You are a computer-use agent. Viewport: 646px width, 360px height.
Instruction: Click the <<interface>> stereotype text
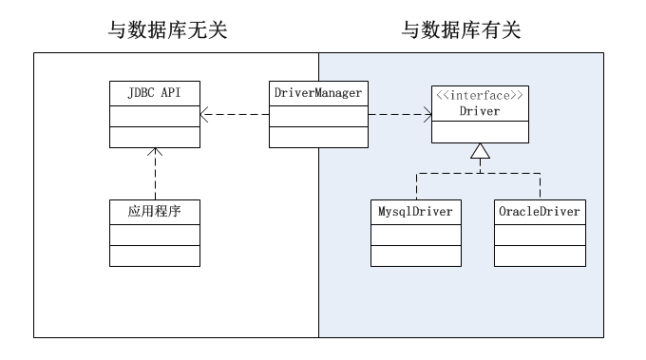pos(479,95)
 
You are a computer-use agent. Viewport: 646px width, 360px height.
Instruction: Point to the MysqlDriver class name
pos(415,210)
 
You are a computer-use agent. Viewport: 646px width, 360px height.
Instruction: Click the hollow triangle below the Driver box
pos(480,152)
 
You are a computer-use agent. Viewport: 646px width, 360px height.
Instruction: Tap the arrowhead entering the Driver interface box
pos(427,116)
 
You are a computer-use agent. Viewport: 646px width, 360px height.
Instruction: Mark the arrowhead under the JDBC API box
pos(154,153)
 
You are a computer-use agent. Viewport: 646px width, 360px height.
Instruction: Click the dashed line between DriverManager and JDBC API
pos(237,116)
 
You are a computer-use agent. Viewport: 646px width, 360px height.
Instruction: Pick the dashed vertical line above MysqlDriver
pos(415,186)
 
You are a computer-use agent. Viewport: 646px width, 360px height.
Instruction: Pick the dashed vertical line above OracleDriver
pos(541,186)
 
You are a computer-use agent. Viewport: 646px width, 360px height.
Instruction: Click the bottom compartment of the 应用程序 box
pos(154,256)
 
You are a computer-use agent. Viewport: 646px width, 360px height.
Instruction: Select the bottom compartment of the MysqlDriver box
pos(415,256)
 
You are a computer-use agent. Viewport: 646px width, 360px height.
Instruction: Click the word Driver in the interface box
pos(479,110)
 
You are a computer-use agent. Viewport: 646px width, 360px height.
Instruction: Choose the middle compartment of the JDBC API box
pos(154,116)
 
